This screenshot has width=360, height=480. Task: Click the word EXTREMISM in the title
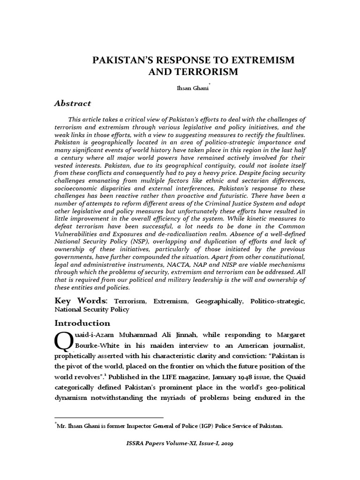click(x=259, y=60)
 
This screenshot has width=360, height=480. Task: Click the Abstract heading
click(x=73, y=103)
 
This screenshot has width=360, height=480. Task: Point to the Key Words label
click(x=81, y=300)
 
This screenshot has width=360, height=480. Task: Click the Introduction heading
click(x=82, y=323)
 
